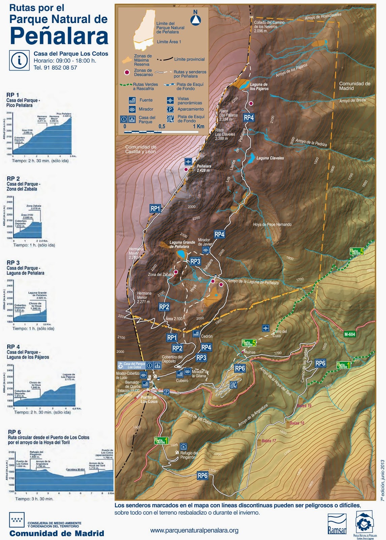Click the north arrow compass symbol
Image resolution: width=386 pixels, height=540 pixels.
(196, 19)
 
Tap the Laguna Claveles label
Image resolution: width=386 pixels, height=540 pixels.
(270, 158)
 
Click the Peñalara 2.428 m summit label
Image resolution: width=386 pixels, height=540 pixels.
(204, 168)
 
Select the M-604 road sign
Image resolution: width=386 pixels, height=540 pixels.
(350, 334)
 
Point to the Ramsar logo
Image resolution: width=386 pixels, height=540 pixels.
(337, 524)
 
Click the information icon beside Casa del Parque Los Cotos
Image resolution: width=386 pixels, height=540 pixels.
(19, 60)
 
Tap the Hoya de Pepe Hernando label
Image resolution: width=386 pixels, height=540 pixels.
(272, 224)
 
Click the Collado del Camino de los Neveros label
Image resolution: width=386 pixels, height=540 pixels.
(269, 27)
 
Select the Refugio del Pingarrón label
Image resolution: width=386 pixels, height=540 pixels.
(189, 455)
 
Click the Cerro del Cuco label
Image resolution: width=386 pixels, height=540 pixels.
(279, 333)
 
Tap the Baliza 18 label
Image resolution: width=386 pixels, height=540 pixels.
(297, 423)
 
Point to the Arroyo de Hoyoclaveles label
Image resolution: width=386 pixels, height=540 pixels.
(323, 16)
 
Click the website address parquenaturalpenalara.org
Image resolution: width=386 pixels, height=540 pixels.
(194, 530)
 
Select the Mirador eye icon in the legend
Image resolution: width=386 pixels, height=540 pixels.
(132, 109)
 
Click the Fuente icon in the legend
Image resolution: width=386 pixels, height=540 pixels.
(132, 100)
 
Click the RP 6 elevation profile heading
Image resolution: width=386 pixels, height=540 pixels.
(14, 432)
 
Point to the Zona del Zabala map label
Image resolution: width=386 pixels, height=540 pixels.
(160, 274)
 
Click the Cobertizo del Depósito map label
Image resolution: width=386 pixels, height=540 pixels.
(172, 359)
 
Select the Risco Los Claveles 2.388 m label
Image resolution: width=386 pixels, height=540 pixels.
(225, 134)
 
